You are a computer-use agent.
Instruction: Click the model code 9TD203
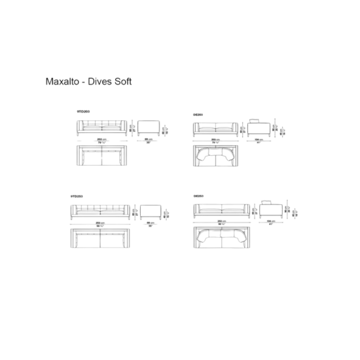83,112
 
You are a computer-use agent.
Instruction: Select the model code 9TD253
77,195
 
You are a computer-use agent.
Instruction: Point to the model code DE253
198,195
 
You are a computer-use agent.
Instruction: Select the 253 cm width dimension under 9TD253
101,223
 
